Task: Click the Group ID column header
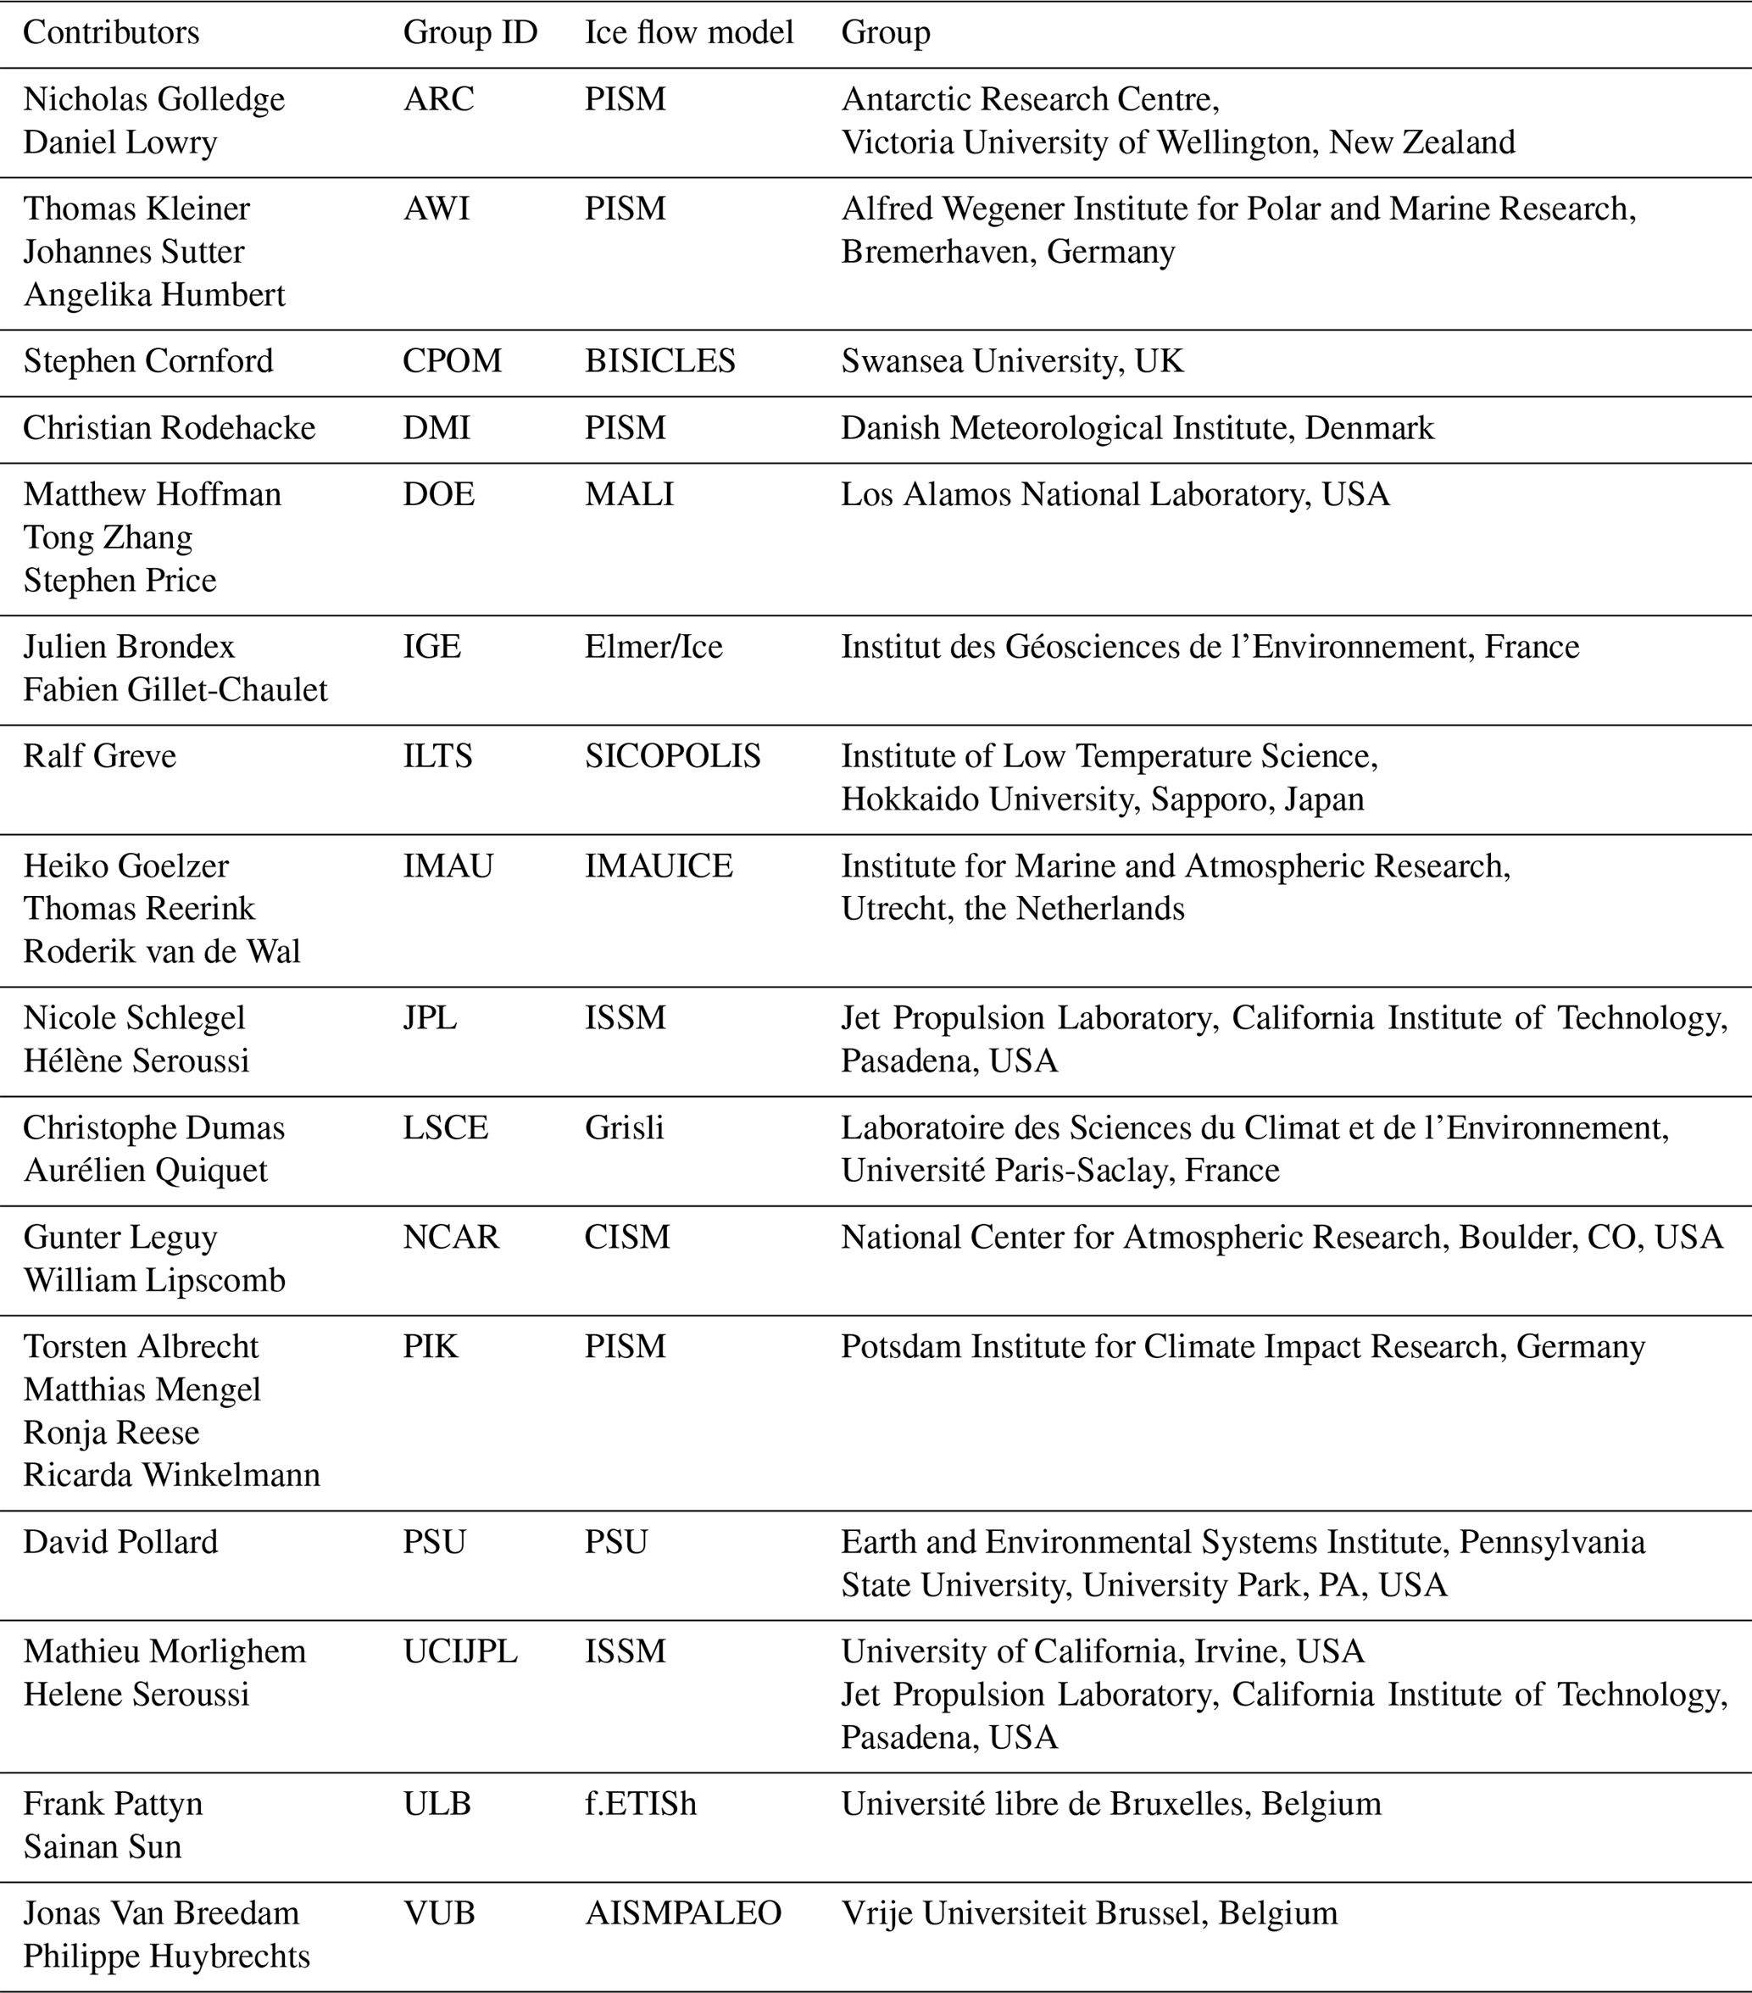(x=470, y=32)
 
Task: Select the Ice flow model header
(x=688, y=32)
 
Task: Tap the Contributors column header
(x=111, y=32)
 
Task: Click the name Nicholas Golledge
(x=154, y=99)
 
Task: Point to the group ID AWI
(x=436, y=209)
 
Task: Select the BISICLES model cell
(x=660, y=362)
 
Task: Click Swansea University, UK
(x=1012, y=362)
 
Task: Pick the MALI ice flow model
(x=629, y=494)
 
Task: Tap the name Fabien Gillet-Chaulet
(x=175, y=690)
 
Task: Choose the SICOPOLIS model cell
(x=673, y=757)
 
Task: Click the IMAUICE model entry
(x=658, y=866)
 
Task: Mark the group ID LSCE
(x=446, y=1128)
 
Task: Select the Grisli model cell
(x=624, y=1128)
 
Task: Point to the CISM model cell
(x=627, y=1238)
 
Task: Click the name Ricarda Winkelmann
(x=171, y=1475)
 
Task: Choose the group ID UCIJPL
(x=460, y=1651)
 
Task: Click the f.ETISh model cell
(x=641, y=1804)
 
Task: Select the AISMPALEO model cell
(x=682, y=1913)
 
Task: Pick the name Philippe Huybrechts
(x=167, y=1956)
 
